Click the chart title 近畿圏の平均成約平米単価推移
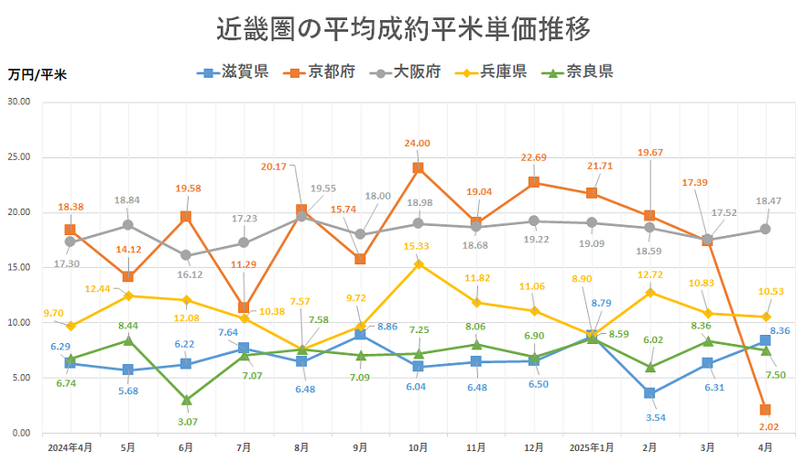[403, 28]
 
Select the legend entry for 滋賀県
[233, 72]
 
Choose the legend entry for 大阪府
[404, 72]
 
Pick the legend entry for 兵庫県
[490, 72]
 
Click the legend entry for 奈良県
[577, 72]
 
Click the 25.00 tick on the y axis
[18, 157]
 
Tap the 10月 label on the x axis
[418, 447]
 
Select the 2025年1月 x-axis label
[592, 447]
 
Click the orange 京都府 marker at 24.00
[418, 167]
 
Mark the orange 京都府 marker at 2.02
[765, 410]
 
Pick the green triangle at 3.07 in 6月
[186, 399]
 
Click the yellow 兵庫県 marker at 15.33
[418, 263]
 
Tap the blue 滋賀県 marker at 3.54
[649, 393]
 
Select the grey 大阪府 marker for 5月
[128, 224]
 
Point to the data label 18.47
[767, 199]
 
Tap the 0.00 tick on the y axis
[18, 433]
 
